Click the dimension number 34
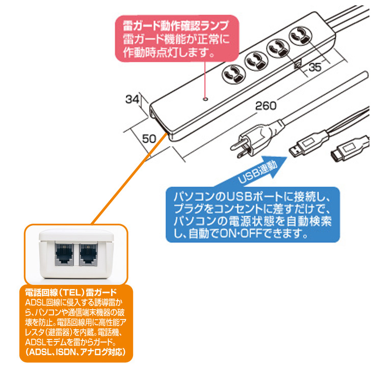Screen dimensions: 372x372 tap(133, 99)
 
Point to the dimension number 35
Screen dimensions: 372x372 tap(316, 66)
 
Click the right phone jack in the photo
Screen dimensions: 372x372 tap(88, 253)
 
